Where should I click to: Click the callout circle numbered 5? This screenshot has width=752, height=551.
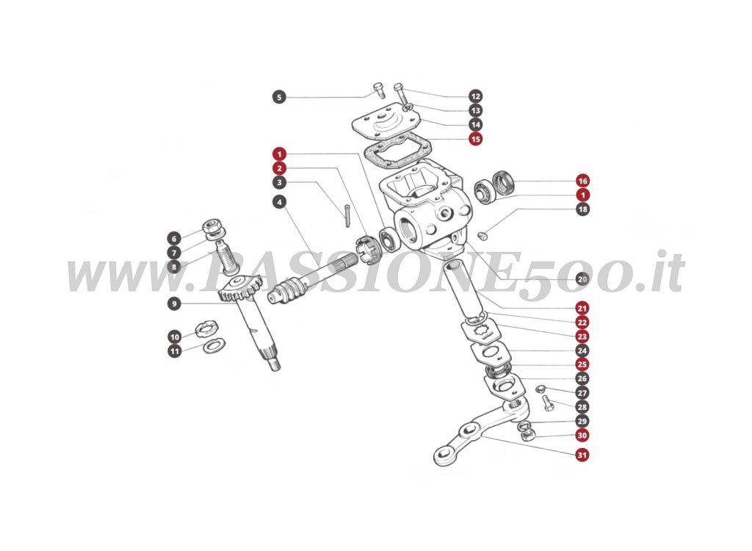pos(278,96)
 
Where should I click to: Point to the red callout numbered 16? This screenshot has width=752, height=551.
pos(582,181)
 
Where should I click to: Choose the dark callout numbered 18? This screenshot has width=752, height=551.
pos(582,209)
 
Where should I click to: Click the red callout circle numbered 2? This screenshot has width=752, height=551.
pos(278,168)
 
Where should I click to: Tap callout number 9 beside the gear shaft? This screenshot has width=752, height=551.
pos(174,303)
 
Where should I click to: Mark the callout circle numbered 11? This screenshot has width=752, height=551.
pos(174,351)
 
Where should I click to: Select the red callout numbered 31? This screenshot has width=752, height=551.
pos(582,455)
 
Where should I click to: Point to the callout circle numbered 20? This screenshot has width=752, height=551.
pos(582,279)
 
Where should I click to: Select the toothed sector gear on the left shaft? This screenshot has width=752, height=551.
pos(237,290)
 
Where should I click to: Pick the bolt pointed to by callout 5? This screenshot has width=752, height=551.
pos(378,90)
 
